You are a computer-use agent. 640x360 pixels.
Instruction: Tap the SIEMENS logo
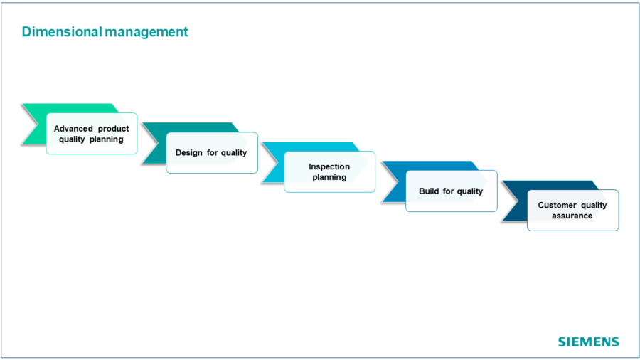pyautogui.click(x=588, y=342)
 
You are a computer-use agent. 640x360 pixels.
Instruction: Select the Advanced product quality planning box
pyautogui.click(x=92, y=134)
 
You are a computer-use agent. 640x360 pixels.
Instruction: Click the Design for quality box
pyautogui.click(x=211, y=153)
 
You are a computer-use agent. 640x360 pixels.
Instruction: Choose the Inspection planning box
pyautogui.click(x=329, y=172)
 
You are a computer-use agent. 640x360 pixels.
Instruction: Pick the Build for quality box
pyautogui.click(x=451, y=191)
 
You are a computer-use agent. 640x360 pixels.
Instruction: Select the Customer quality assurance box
pyautogui.click(x=572, y=211)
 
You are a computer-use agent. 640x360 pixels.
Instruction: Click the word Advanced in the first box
pyautogui.click(x=73, y=129)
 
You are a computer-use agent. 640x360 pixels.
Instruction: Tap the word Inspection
pyautogui.click(x=329, y=167)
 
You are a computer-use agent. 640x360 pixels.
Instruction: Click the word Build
pyautogui.click(x=430, y=191)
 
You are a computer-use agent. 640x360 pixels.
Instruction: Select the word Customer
pyautogui.click(x=557, y=206)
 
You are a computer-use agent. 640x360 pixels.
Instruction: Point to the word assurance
pyautogui.click(x=572, y=216)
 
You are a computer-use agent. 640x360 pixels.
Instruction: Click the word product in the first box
pyautogui.click(x=113, y=129)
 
